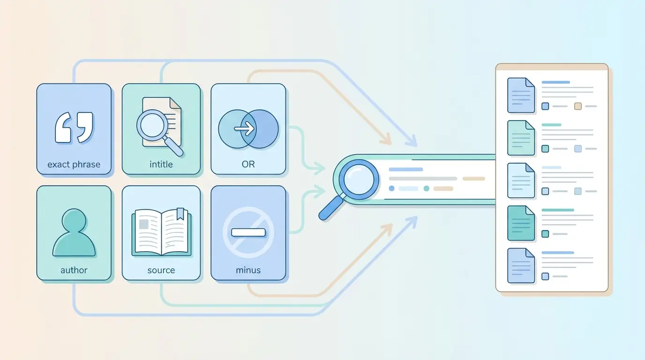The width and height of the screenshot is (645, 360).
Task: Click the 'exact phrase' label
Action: [x=74, y=165]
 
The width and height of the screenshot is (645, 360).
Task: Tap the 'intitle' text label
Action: [x=161, y=164]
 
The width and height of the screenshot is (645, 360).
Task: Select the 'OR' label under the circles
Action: [x=248, y=164]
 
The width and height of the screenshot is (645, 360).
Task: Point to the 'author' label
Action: [x=74, y=270]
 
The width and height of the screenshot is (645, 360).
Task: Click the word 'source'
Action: [x=161, y=270]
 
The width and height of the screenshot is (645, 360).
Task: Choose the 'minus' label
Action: [x=248, y=270]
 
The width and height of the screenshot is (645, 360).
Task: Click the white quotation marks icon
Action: [x=74, y=127]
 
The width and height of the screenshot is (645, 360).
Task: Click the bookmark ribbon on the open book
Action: [x=180, y=214]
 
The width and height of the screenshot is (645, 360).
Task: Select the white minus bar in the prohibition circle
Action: [x=248, y=232]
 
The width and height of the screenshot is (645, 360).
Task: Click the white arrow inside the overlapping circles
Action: [x=244, y=128]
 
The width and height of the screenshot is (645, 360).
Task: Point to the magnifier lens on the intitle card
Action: [x=152, y=125]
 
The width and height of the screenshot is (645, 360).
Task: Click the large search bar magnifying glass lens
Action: [x=359, y=180]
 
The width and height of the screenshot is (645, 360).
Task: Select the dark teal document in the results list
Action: [x=521, y=223]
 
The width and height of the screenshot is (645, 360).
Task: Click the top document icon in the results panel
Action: [x=521, y=95]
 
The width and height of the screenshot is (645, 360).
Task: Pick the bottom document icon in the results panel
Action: [x=521, y=265]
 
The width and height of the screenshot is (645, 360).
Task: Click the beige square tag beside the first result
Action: [x=578, y=106]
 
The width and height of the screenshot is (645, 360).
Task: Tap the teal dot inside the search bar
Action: [x=427, y=188]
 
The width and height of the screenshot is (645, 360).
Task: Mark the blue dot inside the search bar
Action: [x=391, y=188]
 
